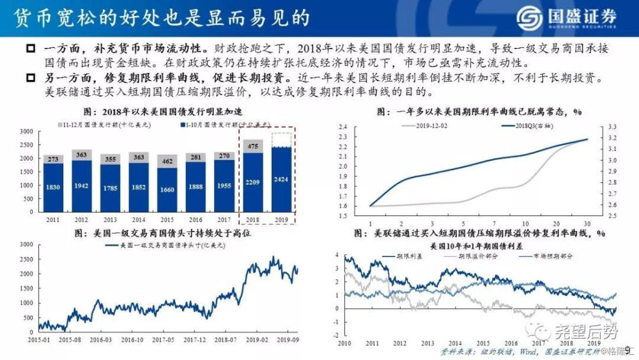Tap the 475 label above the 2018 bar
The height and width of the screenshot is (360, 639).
(253, 146)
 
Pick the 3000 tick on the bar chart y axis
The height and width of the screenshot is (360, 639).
(27, 130)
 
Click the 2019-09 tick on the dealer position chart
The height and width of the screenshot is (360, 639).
(291, 340)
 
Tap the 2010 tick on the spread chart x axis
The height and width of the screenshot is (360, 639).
(345, 343)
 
